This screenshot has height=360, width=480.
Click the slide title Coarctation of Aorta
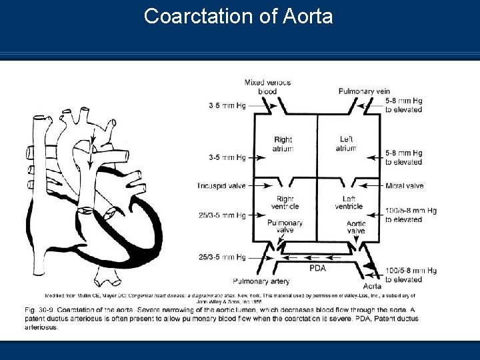tap(239, 16)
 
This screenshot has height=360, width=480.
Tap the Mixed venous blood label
tap(267, 87)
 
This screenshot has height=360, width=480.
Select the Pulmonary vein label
tap(364, 91)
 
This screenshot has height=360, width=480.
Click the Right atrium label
tap(283, 144)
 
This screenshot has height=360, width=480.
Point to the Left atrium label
tap(347, 143)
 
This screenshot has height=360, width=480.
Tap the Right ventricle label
tap(285, 203)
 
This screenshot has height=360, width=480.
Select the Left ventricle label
tap(349, 203)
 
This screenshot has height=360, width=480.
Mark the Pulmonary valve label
tap(285, 226)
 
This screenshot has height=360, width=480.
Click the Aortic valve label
tap(355, 227)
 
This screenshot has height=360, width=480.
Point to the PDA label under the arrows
tap(318, 269)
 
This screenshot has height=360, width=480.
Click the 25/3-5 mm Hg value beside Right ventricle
tap(222, 215)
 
